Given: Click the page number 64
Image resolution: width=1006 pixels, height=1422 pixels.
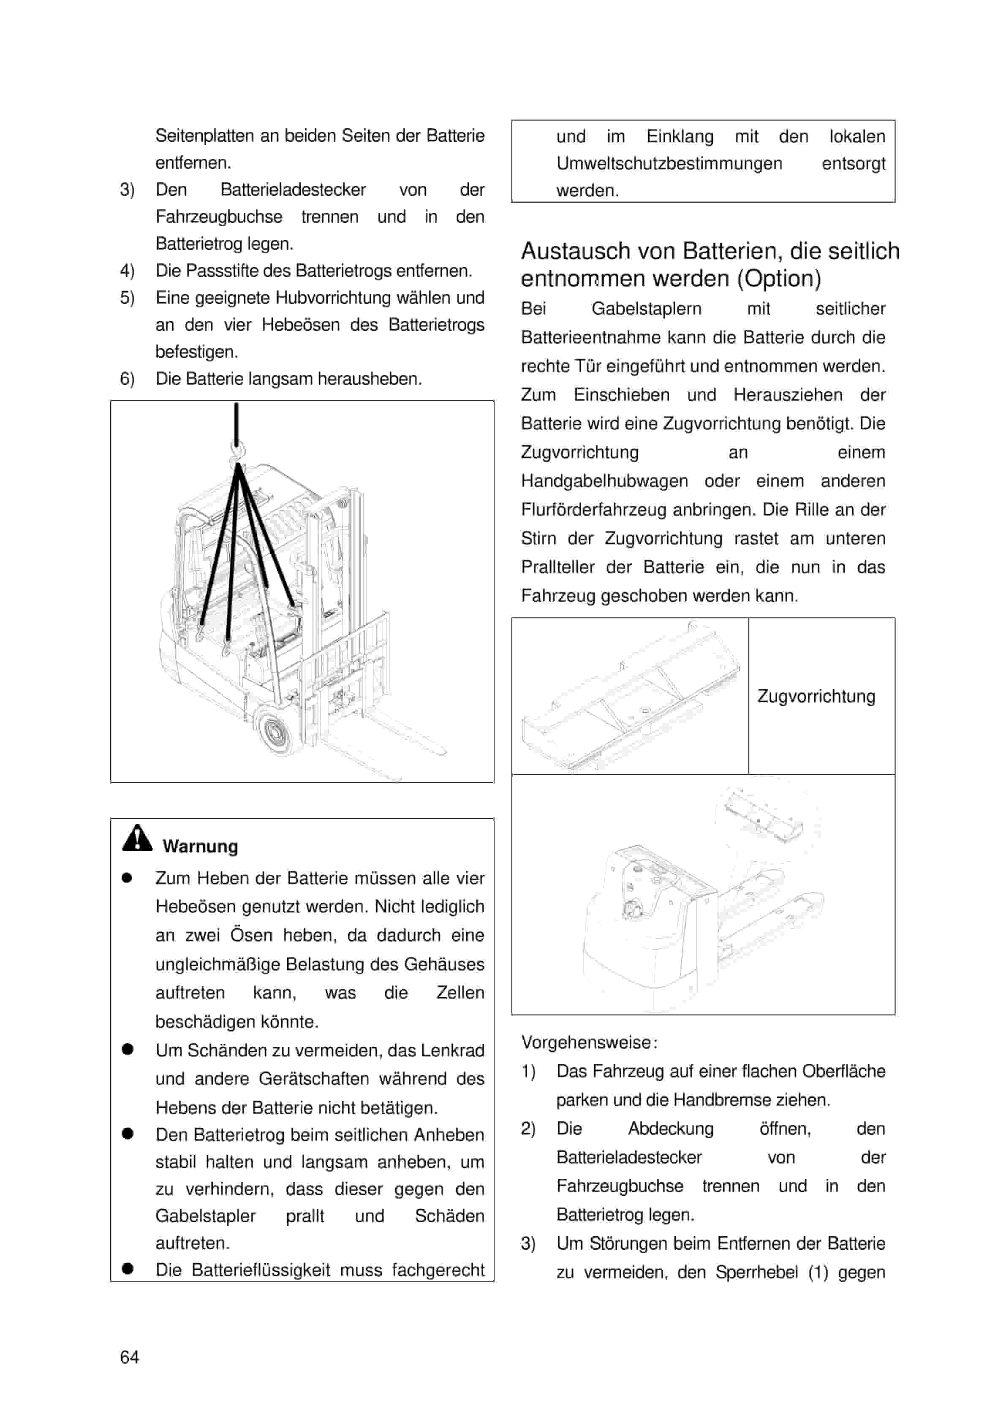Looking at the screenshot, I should (130, 1357).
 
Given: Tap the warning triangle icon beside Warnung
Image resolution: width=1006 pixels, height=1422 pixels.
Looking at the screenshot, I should (137, 838).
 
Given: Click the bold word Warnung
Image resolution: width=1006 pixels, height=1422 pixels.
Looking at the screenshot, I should (200, 847).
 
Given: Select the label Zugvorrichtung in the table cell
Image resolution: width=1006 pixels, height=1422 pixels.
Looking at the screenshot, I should (816, 696).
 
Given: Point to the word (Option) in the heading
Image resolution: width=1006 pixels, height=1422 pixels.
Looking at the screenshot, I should (779, 279).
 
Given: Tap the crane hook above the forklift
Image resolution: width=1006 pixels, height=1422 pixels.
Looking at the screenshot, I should (237, 453).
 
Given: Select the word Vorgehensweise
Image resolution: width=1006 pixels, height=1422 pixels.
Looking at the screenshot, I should (586, 1042).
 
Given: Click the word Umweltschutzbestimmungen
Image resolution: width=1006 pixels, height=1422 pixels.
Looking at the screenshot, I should (669, 163).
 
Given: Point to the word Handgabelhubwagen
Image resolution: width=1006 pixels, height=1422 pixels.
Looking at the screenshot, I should (604, 481).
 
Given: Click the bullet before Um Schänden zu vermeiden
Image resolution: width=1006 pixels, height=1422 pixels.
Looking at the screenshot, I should (128, 1049).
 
